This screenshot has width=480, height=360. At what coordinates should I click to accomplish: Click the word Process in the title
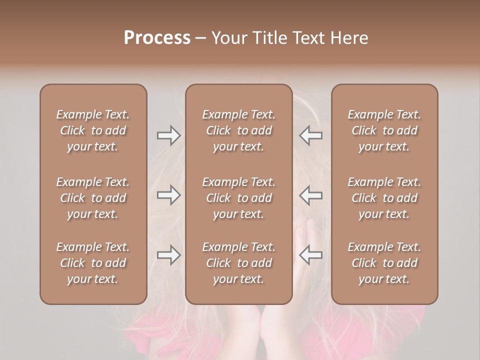pyautogui.click(x=157, y=37)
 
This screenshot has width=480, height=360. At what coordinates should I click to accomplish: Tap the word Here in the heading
pyautogui.click(x=349, y=37)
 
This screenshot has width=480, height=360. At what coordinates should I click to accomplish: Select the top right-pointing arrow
pyautogui.click(x=168, y=135)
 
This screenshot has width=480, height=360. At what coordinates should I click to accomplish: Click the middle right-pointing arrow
pyautogui.click(x=168, y=195)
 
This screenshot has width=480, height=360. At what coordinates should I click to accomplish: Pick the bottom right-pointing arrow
pyautogui.click(x=168, y=255)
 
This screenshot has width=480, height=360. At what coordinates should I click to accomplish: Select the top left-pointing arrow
pyautogui.click(x=310, y=135)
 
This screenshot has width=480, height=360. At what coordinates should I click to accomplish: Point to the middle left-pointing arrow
pyautogui.click(x=310, y=195)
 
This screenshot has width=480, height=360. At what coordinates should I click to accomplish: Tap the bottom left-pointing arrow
pyautogui.click(x=310, y=255)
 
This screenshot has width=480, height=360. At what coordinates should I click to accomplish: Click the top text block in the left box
pyautogui.click(x=93, y=130)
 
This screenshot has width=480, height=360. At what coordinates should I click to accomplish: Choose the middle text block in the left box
pyautogui.click(x=93, y=198)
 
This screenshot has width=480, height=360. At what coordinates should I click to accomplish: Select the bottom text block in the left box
pyautogui.click(x=93, y=263)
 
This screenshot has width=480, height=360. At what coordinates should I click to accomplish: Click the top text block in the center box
pyautogui.click(x=238, y=130)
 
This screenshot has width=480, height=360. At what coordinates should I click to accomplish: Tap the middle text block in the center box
pyautogui.click(x=238, y=198)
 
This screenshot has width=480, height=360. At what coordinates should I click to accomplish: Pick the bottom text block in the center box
pyautogui.click(x=238, y=263)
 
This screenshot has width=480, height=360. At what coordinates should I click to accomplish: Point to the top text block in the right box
pyautogui.click(x=384, y=130)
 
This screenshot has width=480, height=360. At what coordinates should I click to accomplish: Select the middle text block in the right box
pyautogui.click(x=384, y=198)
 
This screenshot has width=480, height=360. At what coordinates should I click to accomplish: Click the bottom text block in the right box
pyautogui.click(x=384, y=263)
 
